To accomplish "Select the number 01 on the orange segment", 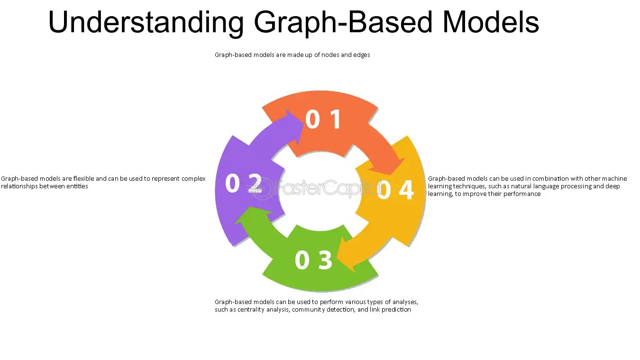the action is point(323,120).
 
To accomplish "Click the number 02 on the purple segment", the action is point(243,184).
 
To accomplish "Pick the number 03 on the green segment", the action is point(313,260).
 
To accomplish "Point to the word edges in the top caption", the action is point(362,55).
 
